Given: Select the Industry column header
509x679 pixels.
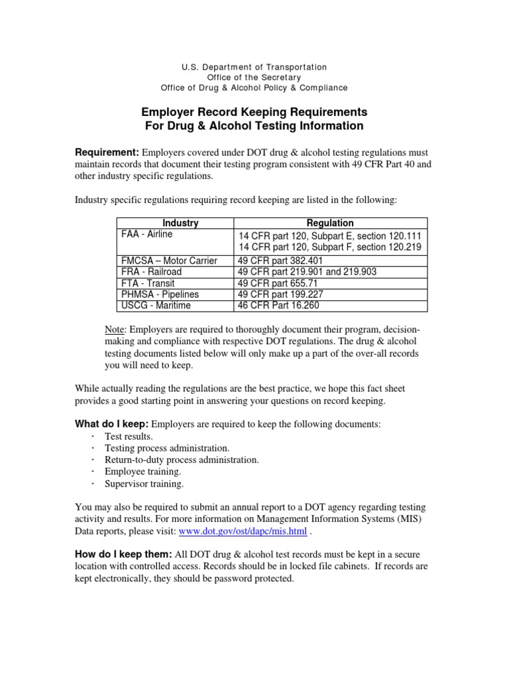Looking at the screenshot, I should pyautogui.click(x=180, y=223).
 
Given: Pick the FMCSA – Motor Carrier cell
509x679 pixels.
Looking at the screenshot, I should pyautogui.click(x=169, y=261).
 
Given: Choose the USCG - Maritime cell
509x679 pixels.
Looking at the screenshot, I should pyautogui.click(x=156, y=306).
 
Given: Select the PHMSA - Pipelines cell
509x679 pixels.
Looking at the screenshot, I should pyautogui.click(x=160, y=294).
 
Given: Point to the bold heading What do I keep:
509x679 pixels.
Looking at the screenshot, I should pyautogui.click(x=113, y=424).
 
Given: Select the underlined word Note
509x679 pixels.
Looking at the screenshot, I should pyautogui.click(x=115, y=330).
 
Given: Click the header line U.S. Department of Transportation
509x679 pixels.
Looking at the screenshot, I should pyautogui.click(x=254, y=67).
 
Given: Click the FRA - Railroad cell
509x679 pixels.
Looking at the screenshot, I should pyautogui.click(x=151, y=272).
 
